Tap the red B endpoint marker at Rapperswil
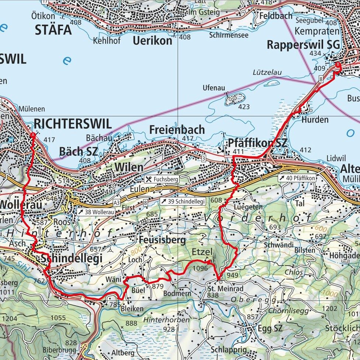(337, 65)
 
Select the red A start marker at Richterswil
(33, 135)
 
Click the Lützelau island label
(267, 73)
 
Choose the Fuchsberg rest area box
(162, 179)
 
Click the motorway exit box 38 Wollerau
(96, 212)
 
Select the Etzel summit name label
(202, 252)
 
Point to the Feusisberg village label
(162, 240)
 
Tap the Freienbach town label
(177, 130)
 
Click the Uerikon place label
(152, 41)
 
